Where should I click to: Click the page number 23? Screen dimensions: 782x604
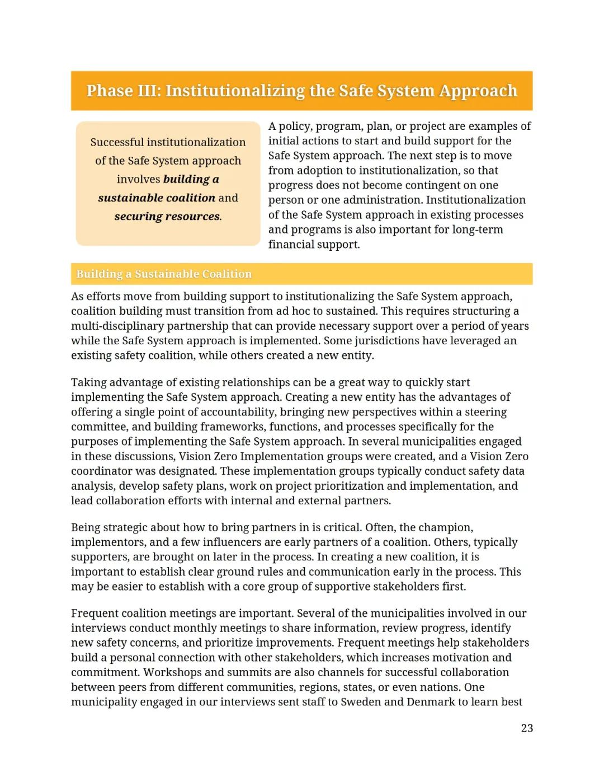click(527, 728)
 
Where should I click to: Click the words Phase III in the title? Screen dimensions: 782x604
click(124, 91)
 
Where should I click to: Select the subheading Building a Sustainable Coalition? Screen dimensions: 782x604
click(164, 274)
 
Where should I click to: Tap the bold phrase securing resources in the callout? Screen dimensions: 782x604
click(167, 216)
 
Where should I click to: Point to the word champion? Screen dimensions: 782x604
click(446, 527)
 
